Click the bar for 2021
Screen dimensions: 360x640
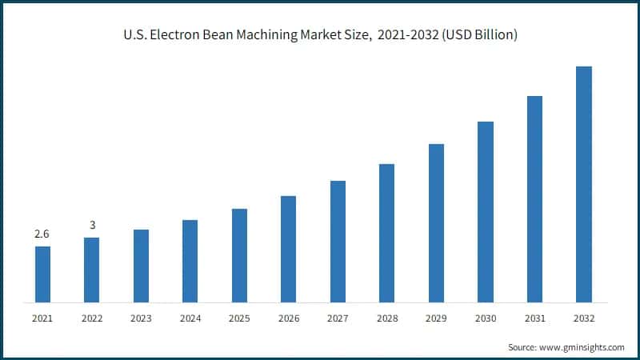42,274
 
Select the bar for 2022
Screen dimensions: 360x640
92,270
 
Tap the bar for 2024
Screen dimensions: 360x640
190,261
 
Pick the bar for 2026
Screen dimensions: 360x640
289,249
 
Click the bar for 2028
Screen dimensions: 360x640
387,233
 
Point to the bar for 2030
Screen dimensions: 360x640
486,212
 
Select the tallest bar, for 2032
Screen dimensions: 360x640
584,184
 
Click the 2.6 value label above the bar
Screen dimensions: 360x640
42,234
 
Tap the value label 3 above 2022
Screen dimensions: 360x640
92,226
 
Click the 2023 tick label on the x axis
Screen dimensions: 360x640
141,318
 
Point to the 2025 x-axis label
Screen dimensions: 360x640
239,318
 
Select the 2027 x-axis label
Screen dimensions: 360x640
338,318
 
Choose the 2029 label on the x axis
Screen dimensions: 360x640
436,318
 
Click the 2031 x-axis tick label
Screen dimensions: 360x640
534,318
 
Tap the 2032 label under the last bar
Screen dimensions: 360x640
584,318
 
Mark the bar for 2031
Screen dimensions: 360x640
534,199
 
